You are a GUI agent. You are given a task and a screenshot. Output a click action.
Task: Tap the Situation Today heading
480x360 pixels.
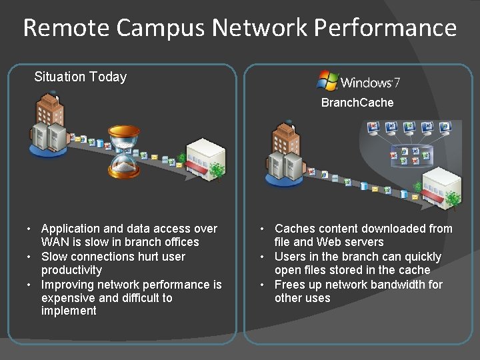pyautogui.click(x=80, y=77)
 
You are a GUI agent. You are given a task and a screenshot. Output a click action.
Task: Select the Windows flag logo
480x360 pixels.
pyautogui.click(x=327, y=81)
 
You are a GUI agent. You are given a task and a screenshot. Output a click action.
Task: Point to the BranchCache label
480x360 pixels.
pyautogui.click(x=357, y=103)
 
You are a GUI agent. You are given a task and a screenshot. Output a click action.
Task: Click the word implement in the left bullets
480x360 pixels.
pyautogui.click(x=69, y=311)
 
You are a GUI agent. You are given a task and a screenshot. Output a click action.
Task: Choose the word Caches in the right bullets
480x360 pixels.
pyautogui.click(x=294, y=229)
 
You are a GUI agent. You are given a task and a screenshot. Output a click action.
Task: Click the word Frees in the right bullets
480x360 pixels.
pyautogui.click(x=290, y=285)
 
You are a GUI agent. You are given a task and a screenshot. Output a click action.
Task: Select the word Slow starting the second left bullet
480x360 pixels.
pyautogui.click(x=55, y=257)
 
